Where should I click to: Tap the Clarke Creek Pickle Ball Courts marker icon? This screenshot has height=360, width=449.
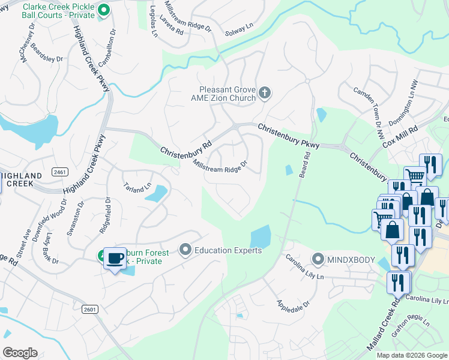point(103,10)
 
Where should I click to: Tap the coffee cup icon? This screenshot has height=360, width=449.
point(115,259)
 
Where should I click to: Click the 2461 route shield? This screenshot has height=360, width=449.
point(59,172)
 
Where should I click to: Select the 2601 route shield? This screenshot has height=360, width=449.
point(89,308)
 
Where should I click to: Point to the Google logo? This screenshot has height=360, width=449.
point(20,353)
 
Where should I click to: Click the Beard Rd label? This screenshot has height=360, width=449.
point(306,163)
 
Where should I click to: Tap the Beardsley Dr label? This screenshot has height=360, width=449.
point(47,55)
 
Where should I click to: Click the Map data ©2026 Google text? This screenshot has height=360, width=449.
point(411,355)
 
